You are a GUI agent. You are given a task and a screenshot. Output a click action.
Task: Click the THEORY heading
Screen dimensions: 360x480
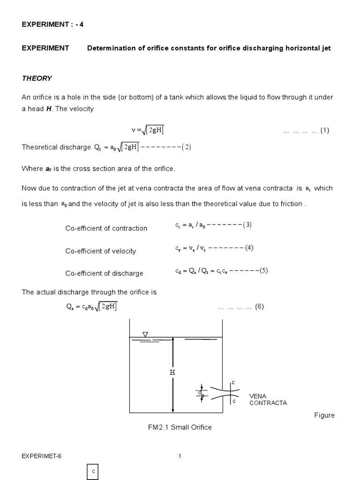tap(37, 78)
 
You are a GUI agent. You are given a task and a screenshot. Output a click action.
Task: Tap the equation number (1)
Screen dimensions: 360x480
tap(325, 131)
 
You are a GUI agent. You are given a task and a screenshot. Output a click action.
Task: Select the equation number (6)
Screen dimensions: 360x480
tap(260, 307)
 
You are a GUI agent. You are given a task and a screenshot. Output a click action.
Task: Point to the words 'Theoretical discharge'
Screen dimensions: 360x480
tap(56, 147)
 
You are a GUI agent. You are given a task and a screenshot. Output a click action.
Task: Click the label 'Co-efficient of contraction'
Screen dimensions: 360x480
tap(106, 228)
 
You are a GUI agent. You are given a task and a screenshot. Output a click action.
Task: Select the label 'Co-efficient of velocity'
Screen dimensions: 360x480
tap(100, 251)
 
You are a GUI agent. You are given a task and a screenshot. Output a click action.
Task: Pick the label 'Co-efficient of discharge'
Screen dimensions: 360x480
tap(104, 273)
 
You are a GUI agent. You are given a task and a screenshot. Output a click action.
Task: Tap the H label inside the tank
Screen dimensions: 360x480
tap(172, 373)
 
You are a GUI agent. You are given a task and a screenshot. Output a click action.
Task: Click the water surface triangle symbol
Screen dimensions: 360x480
tap(145, 334)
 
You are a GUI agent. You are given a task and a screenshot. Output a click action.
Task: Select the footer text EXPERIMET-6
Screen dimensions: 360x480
tap(42, 457)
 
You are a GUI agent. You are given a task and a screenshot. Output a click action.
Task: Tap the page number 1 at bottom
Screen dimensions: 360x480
tap(180, 457)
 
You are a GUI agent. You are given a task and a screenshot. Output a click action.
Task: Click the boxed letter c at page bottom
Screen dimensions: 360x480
tap(93, 472)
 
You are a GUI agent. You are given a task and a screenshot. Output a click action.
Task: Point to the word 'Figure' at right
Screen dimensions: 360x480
tap(324, 416)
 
